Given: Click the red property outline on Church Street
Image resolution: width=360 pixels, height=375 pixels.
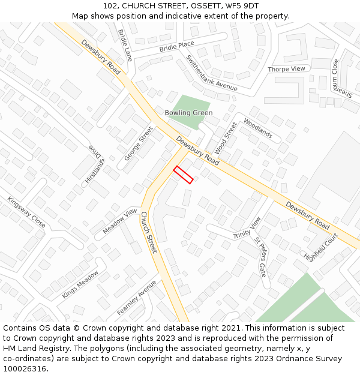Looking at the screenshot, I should point(183,175).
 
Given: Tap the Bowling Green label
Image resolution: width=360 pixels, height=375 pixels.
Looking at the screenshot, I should point(188,113).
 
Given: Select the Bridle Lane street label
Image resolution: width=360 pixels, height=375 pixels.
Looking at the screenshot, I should point(125,46).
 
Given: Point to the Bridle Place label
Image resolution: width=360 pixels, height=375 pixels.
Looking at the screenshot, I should point(177,46).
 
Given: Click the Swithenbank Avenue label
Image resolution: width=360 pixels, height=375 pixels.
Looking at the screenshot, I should point(212,73).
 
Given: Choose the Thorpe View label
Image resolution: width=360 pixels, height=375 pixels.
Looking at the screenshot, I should point(286,70).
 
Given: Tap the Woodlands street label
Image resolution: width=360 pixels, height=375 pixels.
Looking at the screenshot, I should point(257,128).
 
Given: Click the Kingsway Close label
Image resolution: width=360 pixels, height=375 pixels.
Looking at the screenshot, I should point(26,212).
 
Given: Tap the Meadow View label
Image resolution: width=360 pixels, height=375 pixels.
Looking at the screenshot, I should point(120,222).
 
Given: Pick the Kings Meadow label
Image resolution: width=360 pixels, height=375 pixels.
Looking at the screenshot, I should point(80,284).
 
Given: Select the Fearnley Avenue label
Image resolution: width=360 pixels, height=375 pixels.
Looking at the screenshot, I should point(136,298).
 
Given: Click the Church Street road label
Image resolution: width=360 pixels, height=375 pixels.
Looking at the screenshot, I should point(148,232).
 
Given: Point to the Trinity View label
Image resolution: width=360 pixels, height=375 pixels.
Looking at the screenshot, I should point(247,228).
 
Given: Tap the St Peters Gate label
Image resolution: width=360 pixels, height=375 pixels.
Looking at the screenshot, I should point(260,256).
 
